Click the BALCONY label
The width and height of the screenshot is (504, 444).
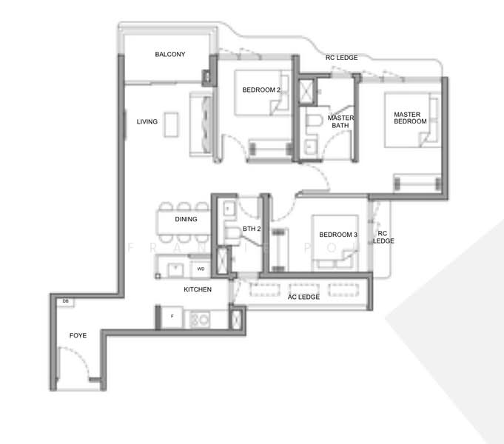click(169, 55)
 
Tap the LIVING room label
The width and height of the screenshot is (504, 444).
click(147, 121)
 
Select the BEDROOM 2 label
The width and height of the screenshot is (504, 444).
click(261, 90)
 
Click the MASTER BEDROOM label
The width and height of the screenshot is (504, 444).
click(410, 118)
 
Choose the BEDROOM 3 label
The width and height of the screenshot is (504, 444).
click(338, 235)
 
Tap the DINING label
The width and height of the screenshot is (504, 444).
click(186, 220)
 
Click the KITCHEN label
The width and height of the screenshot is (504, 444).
click(198, 289)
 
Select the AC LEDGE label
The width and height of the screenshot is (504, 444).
click(303, 297)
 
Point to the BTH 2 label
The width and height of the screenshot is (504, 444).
click(252, 229)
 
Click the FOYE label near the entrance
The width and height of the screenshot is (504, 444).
click(78, 335)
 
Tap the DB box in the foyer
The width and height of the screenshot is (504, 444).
click(65, 301)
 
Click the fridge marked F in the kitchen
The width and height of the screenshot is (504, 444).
click(172, 317)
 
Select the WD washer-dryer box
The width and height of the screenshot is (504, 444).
click(201, 269)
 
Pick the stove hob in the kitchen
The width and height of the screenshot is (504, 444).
click(200, 319)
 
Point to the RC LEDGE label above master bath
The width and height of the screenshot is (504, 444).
click(341, 57)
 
